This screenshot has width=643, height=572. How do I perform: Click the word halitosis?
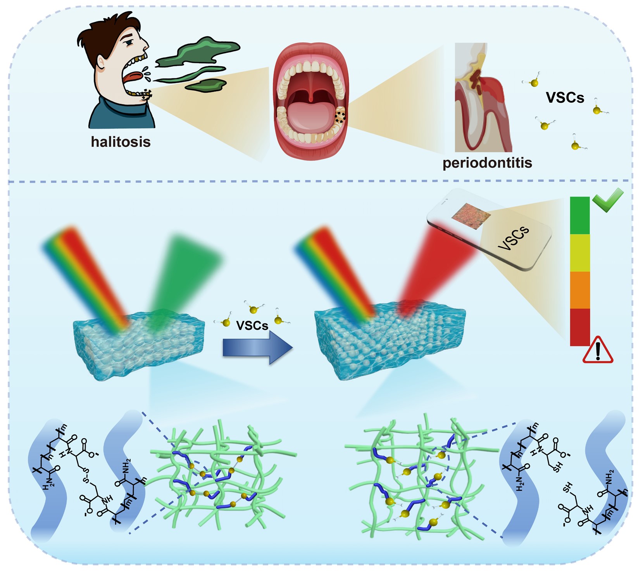[x=121, y=142]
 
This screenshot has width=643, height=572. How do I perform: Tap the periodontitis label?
[x=487, y=162]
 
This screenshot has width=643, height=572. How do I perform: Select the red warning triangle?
[x=598, y=350]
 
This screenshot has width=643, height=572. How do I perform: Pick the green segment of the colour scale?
[x=580, y=215]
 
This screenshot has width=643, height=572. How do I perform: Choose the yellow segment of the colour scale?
[x=580, y=253]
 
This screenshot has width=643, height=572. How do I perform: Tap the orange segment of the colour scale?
[x=580, y=290]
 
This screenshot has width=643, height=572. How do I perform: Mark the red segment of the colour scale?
[x=580, y=327]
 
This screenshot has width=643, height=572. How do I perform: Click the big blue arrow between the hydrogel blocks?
[x=257, y=347]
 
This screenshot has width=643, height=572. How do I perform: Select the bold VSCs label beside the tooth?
[x=565, y=97]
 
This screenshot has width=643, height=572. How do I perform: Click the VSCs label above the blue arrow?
[x=252, y=325]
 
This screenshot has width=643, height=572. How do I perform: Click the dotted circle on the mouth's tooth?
[x=340, y=117]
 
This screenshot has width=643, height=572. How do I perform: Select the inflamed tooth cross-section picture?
[x=483, y=97]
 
